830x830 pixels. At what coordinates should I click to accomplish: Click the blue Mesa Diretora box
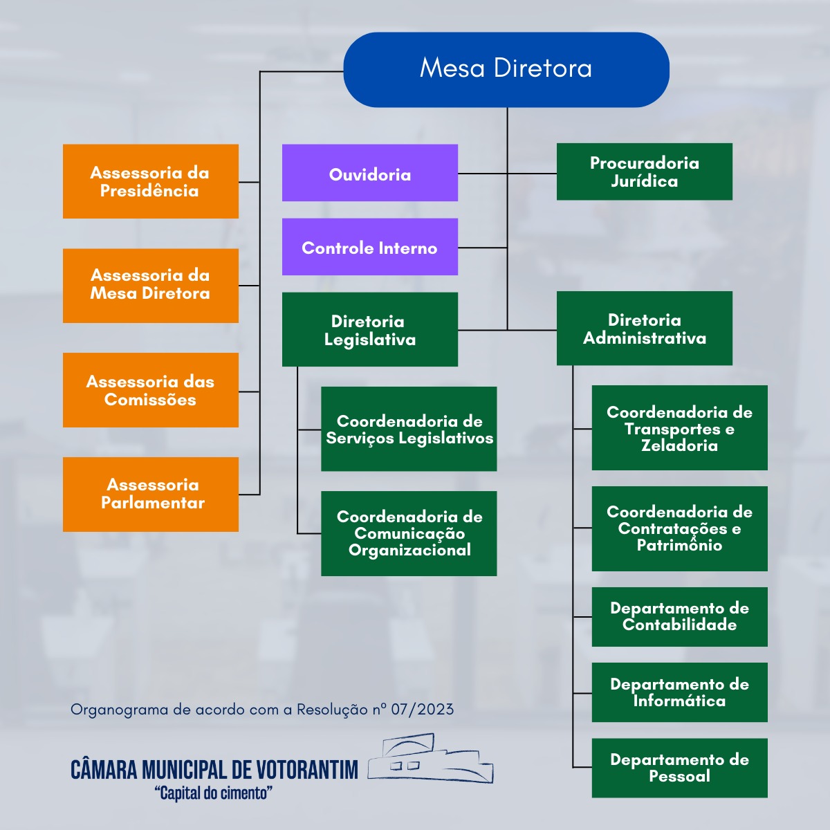click(506, 69)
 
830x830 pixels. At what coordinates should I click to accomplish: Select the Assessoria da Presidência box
click(151, 181)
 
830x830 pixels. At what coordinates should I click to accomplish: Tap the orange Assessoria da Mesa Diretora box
click(151, 285)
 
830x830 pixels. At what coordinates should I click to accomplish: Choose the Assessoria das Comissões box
click(151, 390)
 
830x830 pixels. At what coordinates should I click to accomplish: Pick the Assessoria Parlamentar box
click(151, 494)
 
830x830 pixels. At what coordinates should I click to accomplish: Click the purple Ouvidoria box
click(370, 173)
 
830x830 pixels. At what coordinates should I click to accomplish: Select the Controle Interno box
click(370, 247)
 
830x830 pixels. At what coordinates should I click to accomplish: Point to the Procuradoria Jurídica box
click(645, 172)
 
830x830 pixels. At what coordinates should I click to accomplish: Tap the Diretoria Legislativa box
click(370, 329)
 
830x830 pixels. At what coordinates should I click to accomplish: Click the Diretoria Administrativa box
click(645, 328)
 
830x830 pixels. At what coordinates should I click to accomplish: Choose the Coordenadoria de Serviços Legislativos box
click(409, 429)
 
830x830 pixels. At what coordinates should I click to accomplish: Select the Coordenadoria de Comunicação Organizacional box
click(409, 533)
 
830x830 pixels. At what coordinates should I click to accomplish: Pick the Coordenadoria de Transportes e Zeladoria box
click(680, 427)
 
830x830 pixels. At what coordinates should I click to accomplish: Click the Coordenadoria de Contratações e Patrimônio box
click(680, 528)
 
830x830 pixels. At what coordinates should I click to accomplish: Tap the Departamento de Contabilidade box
click(680, 616)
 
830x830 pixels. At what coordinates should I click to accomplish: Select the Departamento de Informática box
click(680, 692)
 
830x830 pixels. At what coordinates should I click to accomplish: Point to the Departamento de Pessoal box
click(680, 768)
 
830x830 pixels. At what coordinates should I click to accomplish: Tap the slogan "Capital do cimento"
click(214, 793)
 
